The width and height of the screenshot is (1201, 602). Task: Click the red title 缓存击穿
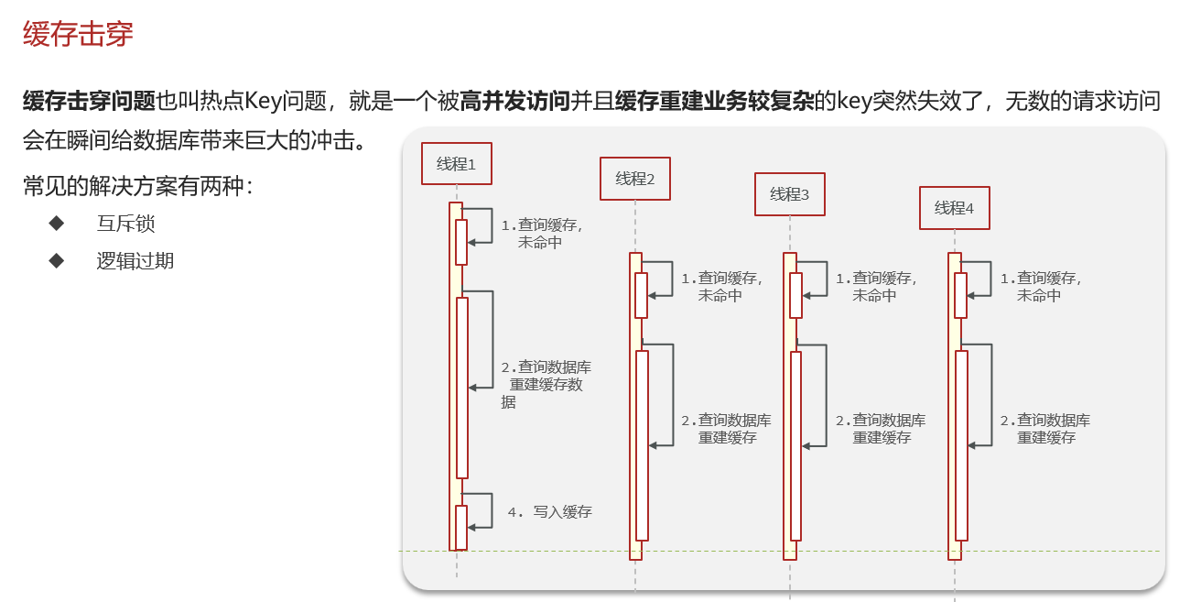[x=78, y=34]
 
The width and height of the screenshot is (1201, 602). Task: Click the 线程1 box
[x=457, y=164]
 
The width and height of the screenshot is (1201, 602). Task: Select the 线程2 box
[x=635, y=179]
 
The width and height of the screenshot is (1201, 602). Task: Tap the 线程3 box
[x=789, y=194]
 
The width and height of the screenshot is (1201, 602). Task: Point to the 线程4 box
[x=954, y=208]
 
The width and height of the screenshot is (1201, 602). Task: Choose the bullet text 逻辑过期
[x=135, y=261]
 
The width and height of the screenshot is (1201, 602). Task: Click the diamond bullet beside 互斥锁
[x=57, y=223]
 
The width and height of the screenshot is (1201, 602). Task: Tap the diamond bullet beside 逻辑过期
[x=57, y=260]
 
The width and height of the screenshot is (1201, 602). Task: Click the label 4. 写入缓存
[x=550, y=512]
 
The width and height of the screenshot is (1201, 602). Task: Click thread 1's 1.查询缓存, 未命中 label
[x=541, y=234]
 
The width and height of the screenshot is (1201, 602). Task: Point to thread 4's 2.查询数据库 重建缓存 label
[x=1044, y=429]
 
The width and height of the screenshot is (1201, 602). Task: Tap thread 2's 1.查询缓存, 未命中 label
[x=721, y=287]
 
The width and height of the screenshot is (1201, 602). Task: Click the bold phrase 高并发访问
[x=514, y=102]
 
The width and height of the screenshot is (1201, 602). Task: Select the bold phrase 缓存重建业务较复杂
[x=714, y=102]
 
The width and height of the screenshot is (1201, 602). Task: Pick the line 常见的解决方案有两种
[x=137, y=186]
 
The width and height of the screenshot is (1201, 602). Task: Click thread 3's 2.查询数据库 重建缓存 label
[x=881, y=429]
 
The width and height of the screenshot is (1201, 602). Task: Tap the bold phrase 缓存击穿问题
[x=89, y=102]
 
